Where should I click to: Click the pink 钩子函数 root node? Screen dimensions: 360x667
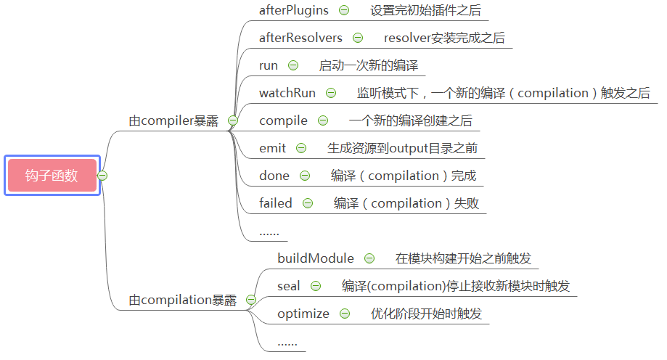tap(52, 176)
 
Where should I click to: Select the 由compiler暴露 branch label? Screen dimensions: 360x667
tap(173, 121)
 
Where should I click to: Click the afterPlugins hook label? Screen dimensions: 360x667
tap(294, 10)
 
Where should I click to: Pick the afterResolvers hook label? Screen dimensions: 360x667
tap(300, 38)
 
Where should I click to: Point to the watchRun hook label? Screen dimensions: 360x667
tap(287, 93)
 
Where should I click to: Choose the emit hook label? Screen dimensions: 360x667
tap(273, 148)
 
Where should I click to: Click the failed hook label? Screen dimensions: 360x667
tap(276, 203)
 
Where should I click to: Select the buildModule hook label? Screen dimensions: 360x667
tap(316, 258)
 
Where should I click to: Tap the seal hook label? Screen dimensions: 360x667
tap(289, 286)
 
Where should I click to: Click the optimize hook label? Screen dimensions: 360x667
tap(303, 314)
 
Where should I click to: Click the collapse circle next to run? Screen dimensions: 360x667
tap(293, 65)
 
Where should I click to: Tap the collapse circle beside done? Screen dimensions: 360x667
tap(305, 176)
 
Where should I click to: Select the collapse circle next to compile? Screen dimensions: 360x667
tap(323, 120)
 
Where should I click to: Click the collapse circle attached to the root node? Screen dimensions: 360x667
tap(102, 176)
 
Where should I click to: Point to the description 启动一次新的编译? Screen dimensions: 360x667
tap(369, 65)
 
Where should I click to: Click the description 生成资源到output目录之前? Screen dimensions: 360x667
tap(402, 148)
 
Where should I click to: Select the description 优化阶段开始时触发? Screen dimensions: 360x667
tap(426, 314)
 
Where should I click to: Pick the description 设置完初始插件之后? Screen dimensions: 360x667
tap(425, 10)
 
